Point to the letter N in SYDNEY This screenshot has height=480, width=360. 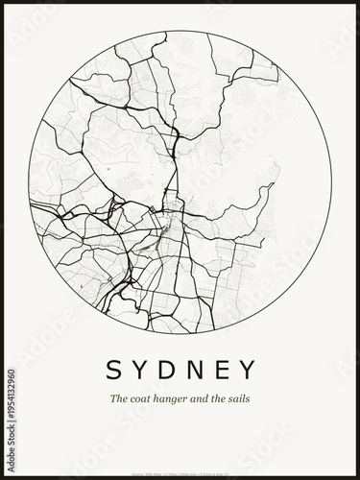point(195,370)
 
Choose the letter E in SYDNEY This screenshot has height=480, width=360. point(223,370)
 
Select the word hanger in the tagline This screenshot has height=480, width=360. point(175,399)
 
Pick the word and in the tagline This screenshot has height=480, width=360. point(204,398)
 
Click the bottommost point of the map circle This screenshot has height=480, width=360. point(180,334)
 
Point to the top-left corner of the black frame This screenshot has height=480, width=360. point(2,2)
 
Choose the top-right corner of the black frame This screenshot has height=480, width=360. point(357,2)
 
